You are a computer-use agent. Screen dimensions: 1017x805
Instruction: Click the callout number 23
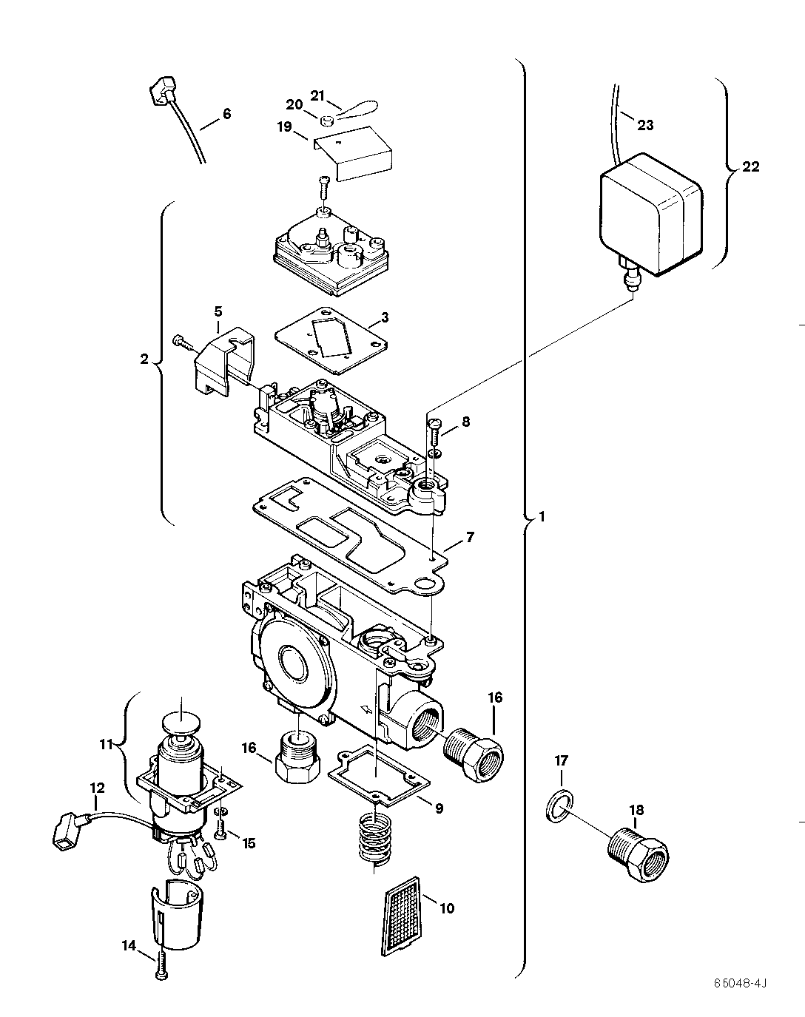(645, 125)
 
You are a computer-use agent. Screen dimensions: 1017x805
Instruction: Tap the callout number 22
(750, 166)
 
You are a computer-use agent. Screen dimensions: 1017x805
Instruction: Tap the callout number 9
(439, 808)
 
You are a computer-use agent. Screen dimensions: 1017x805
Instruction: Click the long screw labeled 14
(160, 964)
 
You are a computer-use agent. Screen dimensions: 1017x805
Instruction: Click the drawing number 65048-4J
(741, 983)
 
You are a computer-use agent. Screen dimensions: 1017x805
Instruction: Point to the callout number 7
(471, 536)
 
